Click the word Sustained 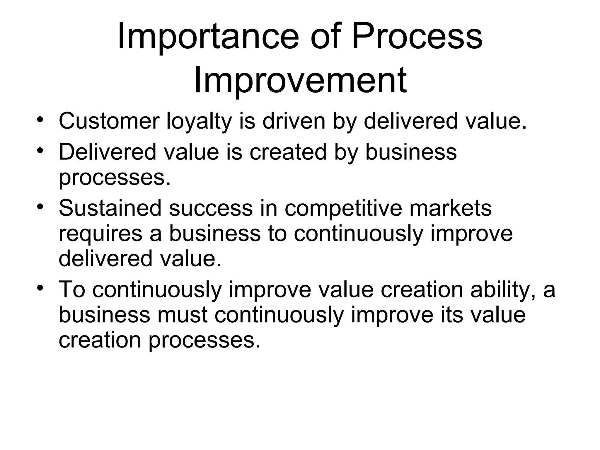point(110,208)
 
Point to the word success point(211,208)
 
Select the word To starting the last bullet point(72,289)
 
